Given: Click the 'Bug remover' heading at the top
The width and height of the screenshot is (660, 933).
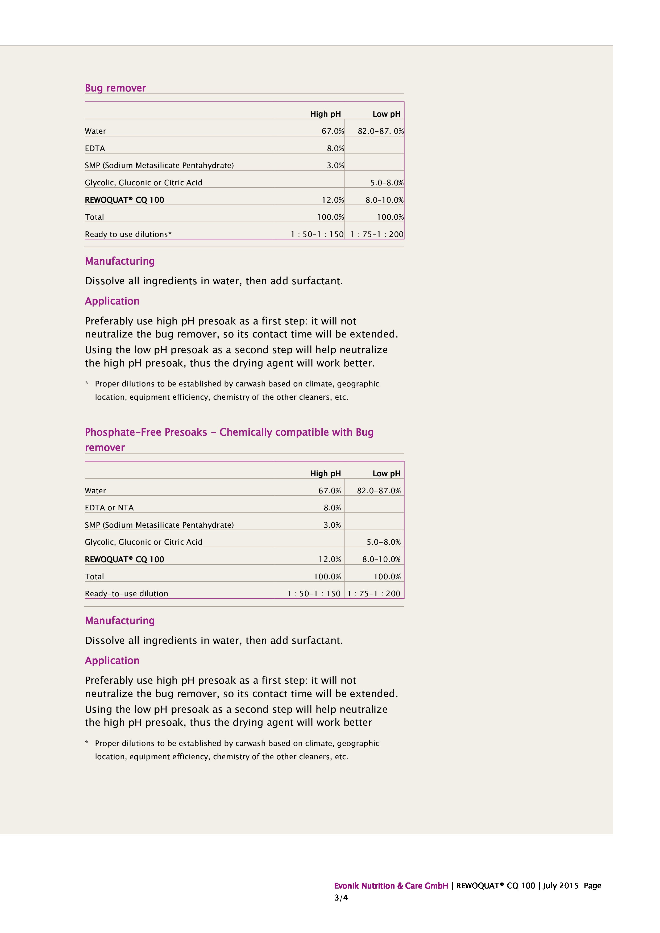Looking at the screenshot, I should (115, 88).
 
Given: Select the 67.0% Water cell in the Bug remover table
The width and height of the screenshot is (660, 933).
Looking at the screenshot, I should (333, 131).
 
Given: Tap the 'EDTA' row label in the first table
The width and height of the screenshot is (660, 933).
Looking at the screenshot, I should (95, 148).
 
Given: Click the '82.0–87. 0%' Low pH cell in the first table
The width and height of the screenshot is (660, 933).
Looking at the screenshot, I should (380, 131).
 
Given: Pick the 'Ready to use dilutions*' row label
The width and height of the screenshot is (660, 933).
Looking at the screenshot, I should (128, 235).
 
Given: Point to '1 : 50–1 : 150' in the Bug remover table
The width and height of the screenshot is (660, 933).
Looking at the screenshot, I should (317, 235).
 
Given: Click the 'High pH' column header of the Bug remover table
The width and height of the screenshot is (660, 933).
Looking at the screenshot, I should (325, 114).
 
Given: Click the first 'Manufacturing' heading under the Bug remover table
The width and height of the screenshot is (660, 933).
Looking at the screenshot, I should (119, 261).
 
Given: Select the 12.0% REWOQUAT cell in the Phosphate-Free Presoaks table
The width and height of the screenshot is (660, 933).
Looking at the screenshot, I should (330, 560).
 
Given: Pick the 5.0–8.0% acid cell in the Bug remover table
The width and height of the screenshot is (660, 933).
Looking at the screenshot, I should (387, 183).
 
